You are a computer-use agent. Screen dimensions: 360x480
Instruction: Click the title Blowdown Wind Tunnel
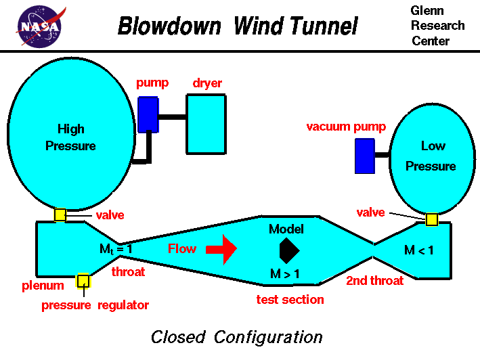pos(238,26)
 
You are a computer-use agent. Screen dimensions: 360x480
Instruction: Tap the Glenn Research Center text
pos(437,26)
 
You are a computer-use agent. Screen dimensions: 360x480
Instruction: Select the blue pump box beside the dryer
pos(148,114)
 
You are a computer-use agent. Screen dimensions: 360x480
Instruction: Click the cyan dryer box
pos(206,123)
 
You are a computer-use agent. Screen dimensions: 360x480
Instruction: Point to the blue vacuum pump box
pos(364,156)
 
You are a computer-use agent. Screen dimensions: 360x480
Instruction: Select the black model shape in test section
pos(288,250)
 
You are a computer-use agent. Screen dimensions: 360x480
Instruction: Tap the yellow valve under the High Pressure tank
pos(60,215)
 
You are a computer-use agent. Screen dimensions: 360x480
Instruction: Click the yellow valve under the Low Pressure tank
pos(431,219)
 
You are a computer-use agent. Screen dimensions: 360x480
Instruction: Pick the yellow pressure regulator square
pos(84,281)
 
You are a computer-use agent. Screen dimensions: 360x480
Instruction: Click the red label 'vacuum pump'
pos(346,127)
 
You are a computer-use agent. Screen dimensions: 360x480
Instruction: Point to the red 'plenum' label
pos(42,286)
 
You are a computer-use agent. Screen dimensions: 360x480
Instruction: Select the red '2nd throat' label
pos(375,280)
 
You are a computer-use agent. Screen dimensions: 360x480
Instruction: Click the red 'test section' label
pos(290,299)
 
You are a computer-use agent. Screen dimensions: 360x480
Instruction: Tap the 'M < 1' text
pos(418,250)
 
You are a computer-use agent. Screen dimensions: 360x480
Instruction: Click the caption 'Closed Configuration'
pos(236,336)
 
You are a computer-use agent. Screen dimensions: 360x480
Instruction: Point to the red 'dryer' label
pos(206,83)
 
